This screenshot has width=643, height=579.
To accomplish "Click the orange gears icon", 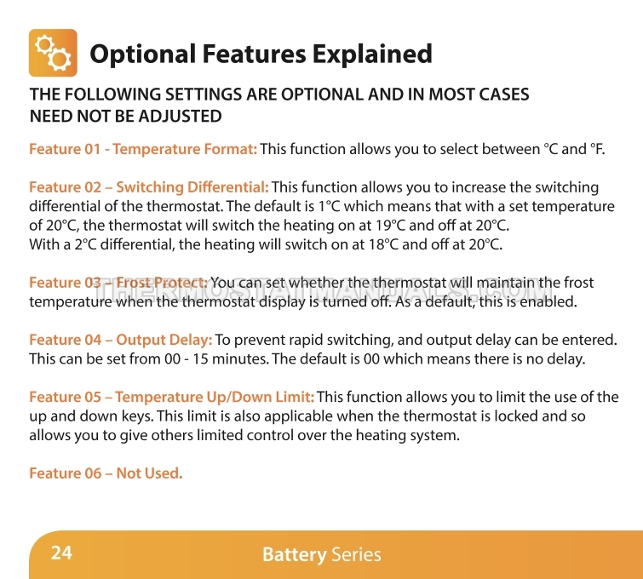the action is pyautogui.click(x=53, y=53).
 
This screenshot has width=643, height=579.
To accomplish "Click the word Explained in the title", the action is pyautogui.click(x=372, y=54).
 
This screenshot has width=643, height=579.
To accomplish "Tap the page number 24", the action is pyautogui.click(x=61, y=553).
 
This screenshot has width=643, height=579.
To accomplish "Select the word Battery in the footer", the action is pyautogui.click(x=295, y=554).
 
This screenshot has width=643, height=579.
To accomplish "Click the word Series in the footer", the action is pyautogui.click(x=356, y=554).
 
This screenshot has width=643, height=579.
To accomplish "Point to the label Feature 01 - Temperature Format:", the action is pyautogui.click(x=143, y=149).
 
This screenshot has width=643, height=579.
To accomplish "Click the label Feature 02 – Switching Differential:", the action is pyautogui.click(x=149, y=187).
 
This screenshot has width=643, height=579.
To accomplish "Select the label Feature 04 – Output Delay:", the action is pyautogui.click(x=121, y=340).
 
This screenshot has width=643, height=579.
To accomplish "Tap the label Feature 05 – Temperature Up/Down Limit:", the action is pyautogui.click(x=172, y=397).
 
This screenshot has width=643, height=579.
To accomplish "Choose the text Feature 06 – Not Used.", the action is pyautogui.click(x=106, y=473).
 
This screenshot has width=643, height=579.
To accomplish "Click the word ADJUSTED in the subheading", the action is pyautogui.click(x=180, y=116).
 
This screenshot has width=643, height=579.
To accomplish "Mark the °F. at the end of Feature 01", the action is pyautogui.click(x=598, y=149).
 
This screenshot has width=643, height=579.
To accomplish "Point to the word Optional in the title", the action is pyautogui.click(x=143, y=54).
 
